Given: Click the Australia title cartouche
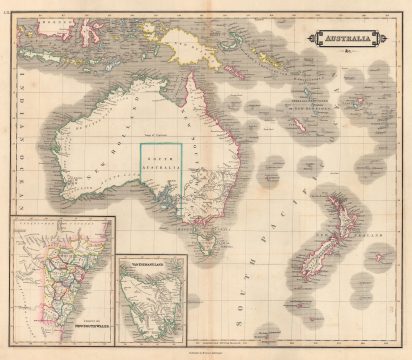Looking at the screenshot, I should pyautogui.click(x=341, y=37).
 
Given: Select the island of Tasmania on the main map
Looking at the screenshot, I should pyautogui.click(x=208, y=239).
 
